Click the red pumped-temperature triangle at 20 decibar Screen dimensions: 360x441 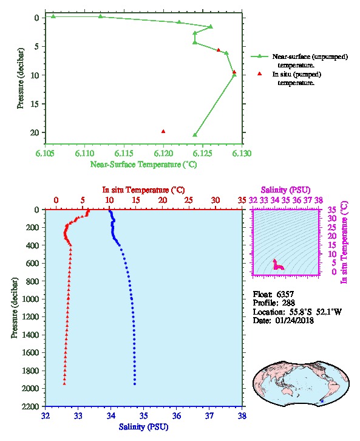tap(163, 131)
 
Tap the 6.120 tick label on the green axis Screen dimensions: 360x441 tap(163, 153)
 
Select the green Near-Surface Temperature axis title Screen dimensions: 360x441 tap(143, 165)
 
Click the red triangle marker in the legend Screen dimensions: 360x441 tap(260, 73)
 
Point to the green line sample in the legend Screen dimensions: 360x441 tap(260, 56)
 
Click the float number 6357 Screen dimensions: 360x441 tap(285, 294)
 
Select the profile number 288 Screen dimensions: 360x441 tap(288, 303)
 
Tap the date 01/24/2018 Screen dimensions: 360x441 tap(294, 320)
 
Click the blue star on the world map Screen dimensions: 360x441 tap(322, 401)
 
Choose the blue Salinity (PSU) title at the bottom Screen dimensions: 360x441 tap(143, 427)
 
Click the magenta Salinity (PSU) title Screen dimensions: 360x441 tap(285, 190)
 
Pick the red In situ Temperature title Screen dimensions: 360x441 tap(143, 190)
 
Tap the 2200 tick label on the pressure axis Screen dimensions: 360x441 tap(30, 406)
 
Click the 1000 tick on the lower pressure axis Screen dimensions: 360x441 tap(30, 299)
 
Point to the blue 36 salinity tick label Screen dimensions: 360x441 tap(177, 415)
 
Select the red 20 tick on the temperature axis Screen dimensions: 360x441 tap(163, 200)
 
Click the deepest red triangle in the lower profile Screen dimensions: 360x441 tap(64, 384)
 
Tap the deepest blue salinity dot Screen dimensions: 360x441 tap(135, 384)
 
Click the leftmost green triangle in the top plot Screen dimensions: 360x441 tap(53, 16)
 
